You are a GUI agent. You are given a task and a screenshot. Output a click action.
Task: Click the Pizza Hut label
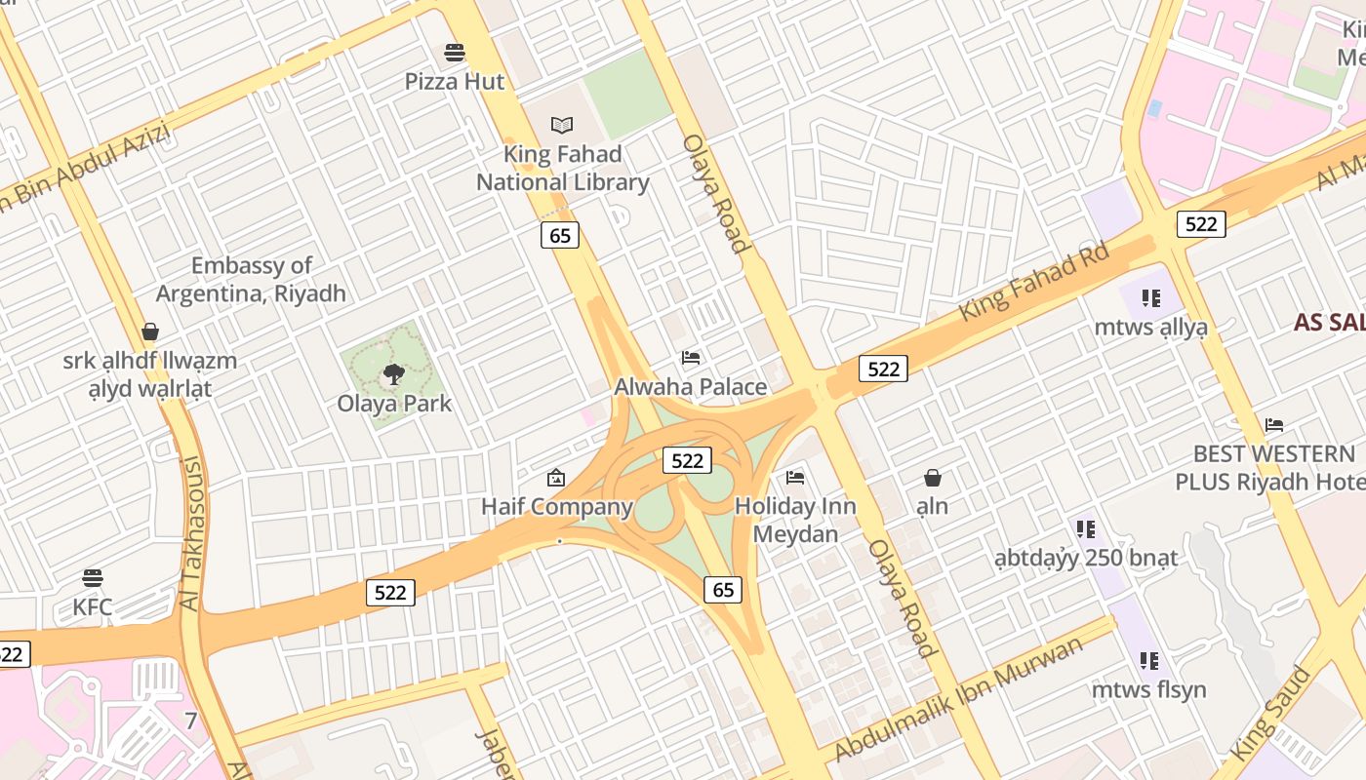[455, 81]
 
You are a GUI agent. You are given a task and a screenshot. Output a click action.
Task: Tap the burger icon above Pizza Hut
[455, 52]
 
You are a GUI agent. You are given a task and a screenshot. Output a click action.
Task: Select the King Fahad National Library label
[563, 168]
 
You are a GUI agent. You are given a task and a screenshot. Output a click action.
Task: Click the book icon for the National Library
[562, 125]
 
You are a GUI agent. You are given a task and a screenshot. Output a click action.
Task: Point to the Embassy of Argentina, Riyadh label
[251, 279]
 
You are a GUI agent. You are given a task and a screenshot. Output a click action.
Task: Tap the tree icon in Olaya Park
[394, 373]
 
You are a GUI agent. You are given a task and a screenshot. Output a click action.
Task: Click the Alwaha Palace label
[690, 387]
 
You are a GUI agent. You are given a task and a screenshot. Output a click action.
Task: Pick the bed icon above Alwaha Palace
[691, 358]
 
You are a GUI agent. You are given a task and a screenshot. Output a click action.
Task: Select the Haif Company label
[557, 506]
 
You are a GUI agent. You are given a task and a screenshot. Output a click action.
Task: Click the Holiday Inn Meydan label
[795, 520]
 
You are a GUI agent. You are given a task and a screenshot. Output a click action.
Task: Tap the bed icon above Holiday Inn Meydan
[795, 478]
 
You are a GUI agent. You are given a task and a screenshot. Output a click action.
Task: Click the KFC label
[93, 607]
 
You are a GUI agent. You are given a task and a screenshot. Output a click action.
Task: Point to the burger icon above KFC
[93, 578]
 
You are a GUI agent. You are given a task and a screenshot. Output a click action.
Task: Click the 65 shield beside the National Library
[559, 235]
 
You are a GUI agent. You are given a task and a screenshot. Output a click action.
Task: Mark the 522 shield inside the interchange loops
[687, 460]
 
